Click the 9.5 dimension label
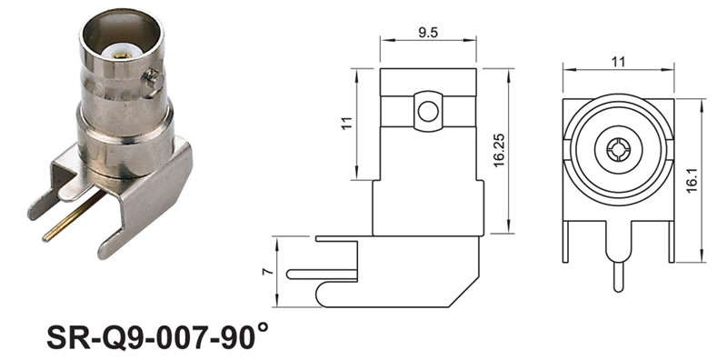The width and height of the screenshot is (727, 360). pyautogui.click(x=428, y=32)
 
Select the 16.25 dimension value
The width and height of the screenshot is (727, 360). pyautogui.click(x=499, y=150)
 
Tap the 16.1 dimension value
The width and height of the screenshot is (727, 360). pyautogui.click(x=692, y=180)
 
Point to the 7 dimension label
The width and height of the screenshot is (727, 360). pyautogui.click(x=267, y=272)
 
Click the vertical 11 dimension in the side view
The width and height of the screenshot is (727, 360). pyautogui.click(x=347, y=123)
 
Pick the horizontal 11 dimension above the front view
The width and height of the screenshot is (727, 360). pyautogui.click(x=618, y=62)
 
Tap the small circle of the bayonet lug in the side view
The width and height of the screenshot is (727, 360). pyautogui.click(x=427, y=112)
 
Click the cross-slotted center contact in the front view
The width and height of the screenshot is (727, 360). pyautogui.click(x=618, y=150)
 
